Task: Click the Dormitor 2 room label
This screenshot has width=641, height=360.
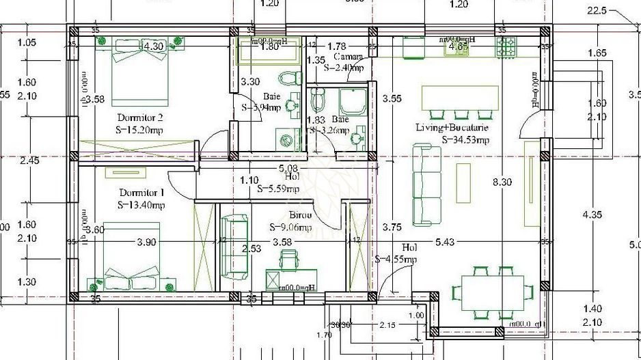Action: tap(140, 117)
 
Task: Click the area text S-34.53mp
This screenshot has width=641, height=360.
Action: tap(465, 140)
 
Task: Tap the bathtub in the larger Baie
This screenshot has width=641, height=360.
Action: tap(268, 51)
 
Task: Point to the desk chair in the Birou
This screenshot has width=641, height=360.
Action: tap(289, 260)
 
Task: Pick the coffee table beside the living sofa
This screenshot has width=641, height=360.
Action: tap(463, 182)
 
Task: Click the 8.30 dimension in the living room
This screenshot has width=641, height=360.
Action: tap(502, 182)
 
